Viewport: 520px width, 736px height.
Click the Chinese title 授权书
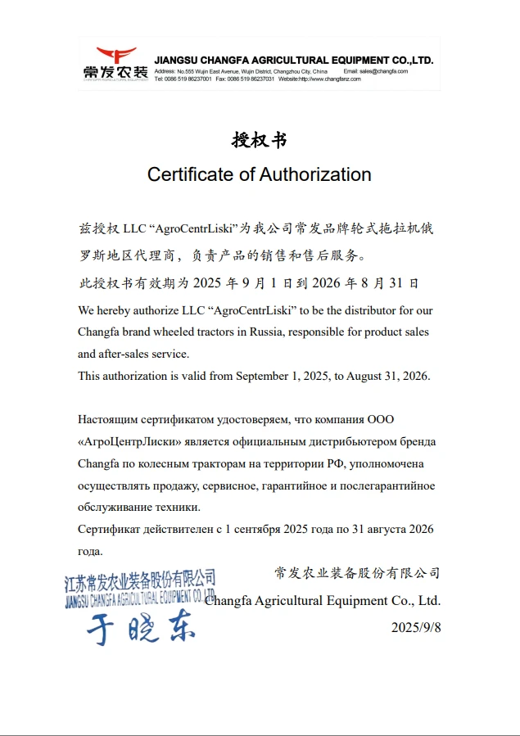[259, 140]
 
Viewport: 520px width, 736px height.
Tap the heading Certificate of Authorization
[259, 174]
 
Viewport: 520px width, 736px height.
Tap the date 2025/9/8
[415, 627]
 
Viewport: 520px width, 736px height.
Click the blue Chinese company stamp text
[140, 582]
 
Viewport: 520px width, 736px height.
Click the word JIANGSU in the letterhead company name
[175, 61]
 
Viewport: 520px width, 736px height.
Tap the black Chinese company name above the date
[357, 573]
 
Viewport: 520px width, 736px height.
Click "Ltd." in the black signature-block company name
[428, 601]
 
